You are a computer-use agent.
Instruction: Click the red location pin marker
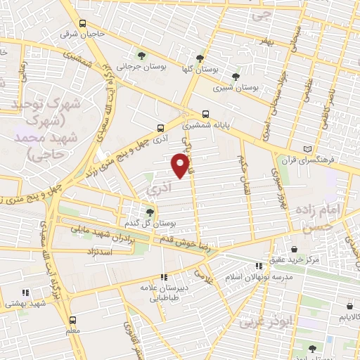181,165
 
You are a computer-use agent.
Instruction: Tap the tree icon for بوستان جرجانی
143,56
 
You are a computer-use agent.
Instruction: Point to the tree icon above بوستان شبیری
236,77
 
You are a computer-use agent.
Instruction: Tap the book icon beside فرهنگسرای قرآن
306,150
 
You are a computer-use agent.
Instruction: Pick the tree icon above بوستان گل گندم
149,212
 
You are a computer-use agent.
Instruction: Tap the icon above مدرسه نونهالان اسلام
259,266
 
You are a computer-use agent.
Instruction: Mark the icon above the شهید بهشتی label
25,292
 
